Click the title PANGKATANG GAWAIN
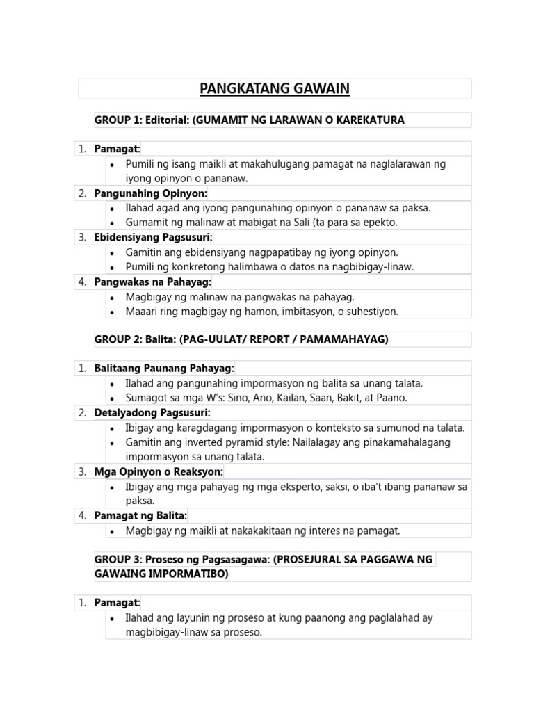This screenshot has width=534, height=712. (275, 88)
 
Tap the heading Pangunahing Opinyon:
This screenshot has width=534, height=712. (151, 193)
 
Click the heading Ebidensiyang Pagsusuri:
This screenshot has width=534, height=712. (153, 237)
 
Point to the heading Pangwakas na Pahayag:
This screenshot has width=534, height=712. (153, 282)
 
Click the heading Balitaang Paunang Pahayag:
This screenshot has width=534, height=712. (164, 368)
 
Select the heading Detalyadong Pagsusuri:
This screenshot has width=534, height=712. (152, 412)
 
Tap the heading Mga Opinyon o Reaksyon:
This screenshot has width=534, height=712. (159, 471)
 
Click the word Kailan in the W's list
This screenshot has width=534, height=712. (287, 398)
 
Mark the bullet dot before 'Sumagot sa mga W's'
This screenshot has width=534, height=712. (113, 398)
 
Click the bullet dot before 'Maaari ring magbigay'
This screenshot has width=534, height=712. (113, 311)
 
